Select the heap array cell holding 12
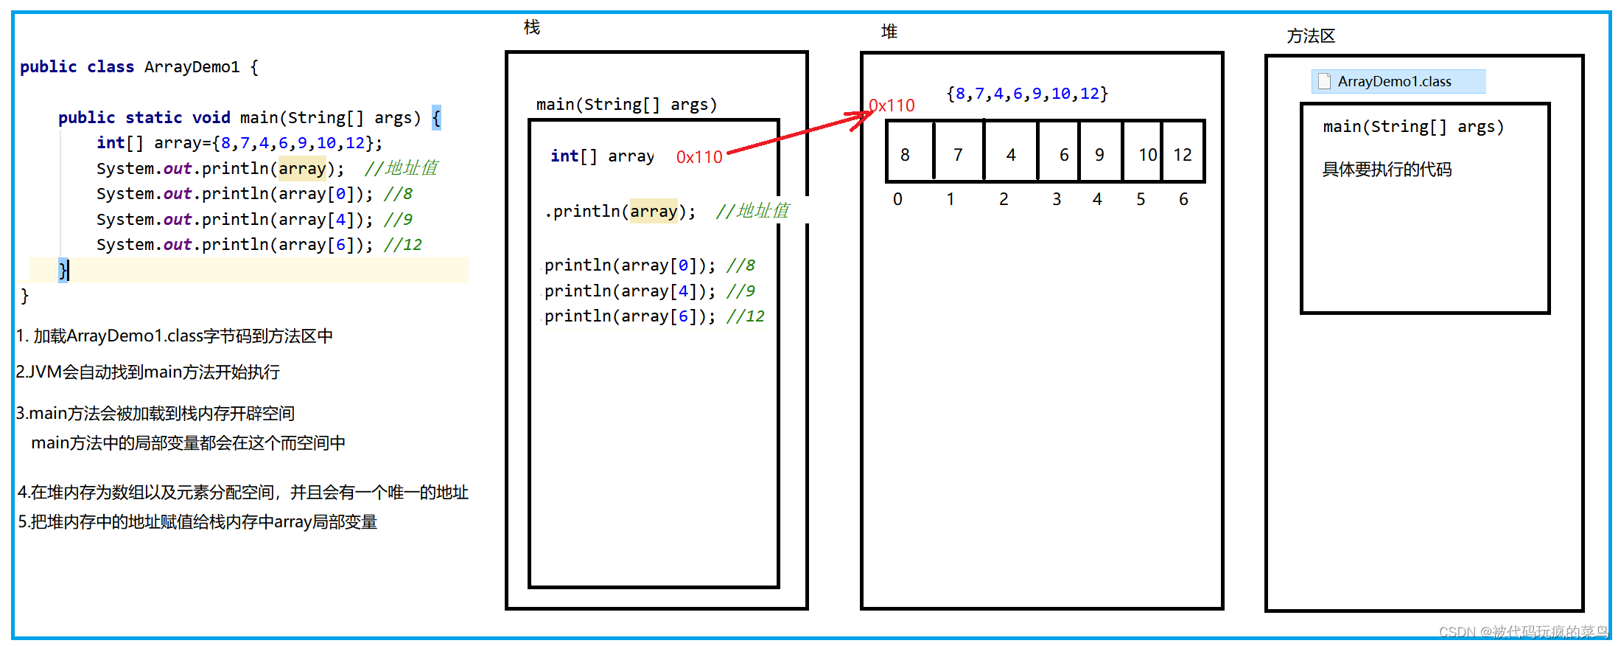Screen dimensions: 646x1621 1183,153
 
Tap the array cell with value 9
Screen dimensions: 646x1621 1100,153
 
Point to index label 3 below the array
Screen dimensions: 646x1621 1057,199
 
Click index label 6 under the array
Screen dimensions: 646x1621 1183,199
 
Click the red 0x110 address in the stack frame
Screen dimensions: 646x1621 699,157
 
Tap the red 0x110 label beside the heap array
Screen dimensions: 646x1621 892,105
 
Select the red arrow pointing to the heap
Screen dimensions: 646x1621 796,133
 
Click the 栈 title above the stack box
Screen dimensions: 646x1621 532,27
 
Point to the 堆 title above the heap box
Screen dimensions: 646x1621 889,32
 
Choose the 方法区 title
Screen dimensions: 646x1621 1311,36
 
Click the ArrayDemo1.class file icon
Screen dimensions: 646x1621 1325,81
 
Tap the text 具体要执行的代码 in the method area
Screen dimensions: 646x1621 1387,170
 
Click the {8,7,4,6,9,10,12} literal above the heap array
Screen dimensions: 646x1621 1027,94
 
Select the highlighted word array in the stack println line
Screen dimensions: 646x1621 653,212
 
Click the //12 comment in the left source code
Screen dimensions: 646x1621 403,245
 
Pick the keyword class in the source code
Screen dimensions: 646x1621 111,67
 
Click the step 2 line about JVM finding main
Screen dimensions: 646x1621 148,372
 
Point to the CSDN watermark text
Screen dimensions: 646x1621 1523,632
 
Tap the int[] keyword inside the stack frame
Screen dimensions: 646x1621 573,156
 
